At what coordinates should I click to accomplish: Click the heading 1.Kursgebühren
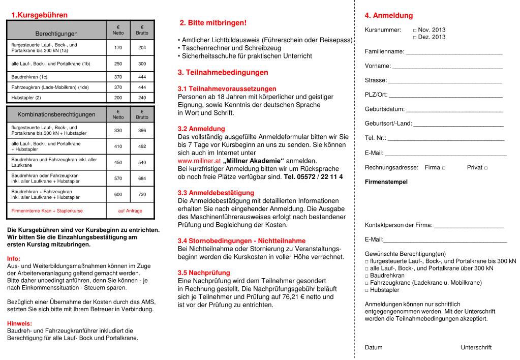tap(39, 16)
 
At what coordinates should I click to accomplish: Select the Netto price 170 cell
tap(118, 48)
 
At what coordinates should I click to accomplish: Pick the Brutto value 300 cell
tap(142, 64)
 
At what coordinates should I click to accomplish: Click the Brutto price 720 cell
tap(142, 194)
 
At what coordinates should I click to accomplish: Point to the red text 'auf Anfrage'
tap(130, 211)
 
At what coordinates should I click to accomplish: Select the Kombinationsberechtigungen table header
tap(56, 114)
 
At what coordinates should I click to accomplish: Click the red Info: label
tap(14, 258)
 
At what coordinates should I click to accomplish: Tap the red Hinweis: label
tap(19, 323)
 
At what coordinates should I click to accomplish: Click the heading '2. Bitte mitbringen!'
tap(213, 23)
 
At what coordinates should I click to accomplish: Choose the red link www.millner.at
tap(199, 161)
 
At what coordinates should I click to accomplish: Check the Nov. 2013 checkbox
tap(415, 31)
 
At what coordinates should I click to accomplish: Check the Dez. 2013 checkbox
tap(415, 38)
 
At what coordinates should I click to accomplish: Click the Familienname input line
tap(454, 52)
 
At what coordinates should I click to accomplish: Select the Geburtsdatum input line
tap(454, 109)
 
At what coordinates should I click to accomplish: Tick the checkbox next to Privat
tap(485, 168)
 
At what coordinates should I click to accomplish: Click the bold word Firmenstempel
tap(386, 182)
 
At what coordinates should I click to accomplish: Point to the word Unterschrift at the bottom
tap(476, 348)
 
